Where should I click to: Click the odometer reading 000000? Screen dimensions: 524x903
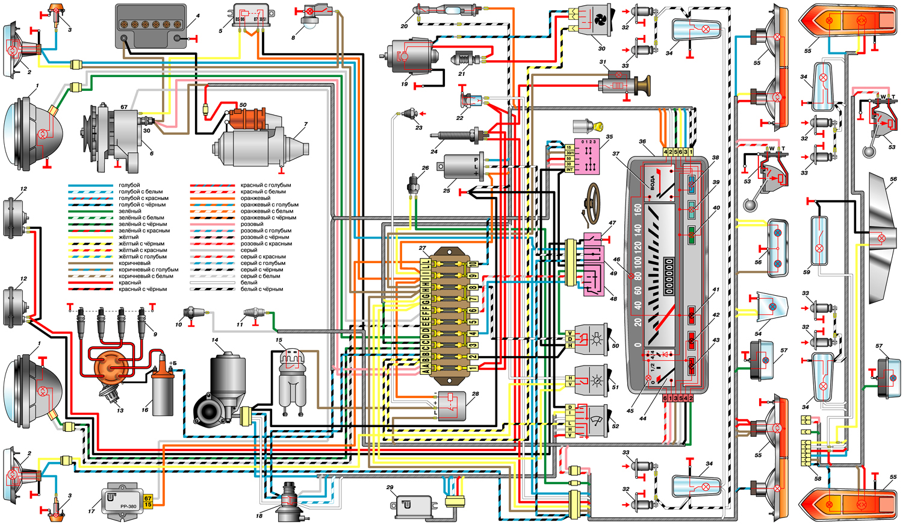(x=669, y=276)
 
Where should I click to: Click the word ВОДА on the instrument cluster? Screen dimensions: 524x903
(x=652, y=183)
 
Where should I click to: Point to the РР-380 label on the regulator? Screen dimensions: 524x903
(x=128, y=506)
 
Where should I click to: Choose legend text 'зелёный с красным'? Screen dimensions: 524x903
(x=144, y=231)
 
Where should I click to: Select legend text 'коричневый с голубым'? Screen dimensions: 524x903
(x=148, y=270)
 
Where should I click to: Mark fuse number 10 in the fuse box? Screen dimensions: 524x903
(x=473, y=264)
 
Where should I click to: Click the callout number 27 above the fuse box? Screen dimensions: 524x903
(x=423, y=248)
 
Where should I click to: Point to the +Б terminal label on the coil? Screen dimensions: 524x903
(x=173, y=363)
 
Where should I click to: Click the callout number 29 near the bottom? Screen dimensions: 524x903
(x=390, y=488)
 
